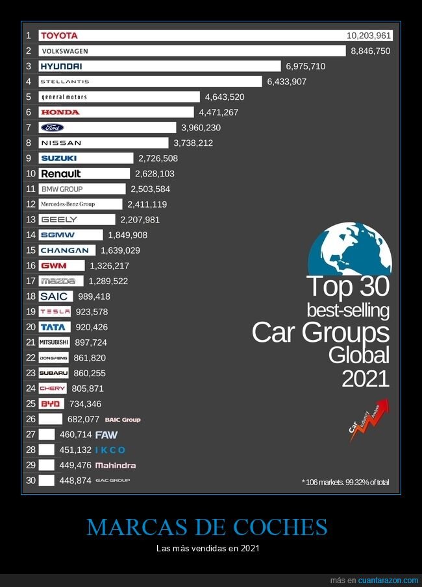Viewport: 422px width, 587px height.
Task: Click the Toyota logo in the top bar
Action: [x=59, y=36]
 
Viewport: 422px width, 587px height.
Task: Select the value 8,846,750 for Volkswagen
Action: [x=370, y=51]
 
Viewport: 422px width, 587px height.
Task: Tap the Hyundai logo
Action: [x=61, y=66]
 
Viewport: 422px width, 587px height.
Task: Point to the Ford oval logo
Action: [x=52, y=128]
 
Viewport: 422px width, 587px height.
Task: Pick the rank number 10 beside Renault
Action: [x=31, y=173]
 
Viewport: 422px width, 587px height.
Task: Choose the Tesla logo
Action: [x=55, y=312]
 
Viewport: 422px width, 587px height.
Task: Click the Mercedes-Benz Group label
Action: [x=68, y=204]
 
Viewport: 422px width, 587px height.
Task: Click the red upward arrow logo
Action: [x=369, y=419]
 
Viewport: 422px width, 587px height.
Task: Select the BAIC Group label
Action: [x=123, y=420]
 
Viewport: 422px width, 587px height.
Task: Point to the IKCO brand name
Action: [x=110, y=450]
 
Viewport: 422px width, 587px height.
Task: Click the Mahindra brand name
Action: [x=116, y=466]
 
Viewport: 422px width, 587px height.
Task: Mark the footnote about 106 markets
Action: [x=345, y=482]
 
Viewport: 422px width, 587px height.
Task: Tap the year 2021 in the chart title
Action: [x=366, y=378]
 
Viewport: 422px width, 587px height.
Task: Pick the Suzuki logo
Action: [x=58, y=158]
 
